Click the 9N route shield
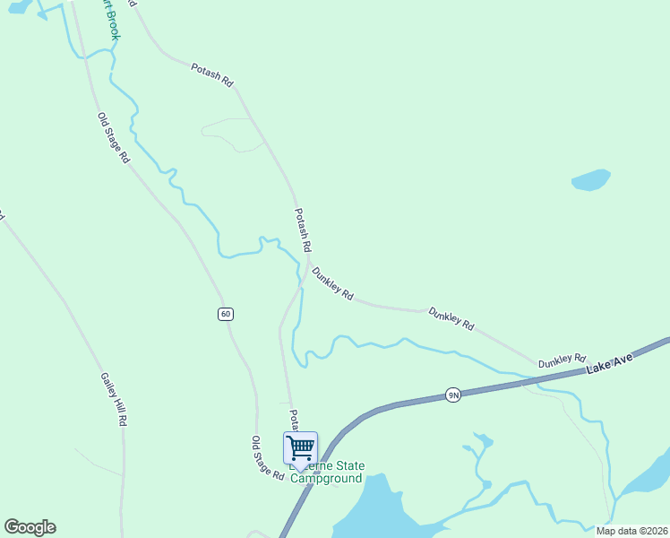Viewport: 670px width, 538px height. pos(453,395)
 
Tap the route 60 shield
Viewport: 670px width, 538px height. pos(225,314)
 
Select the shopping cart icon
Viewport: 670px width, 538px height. pos(300,447)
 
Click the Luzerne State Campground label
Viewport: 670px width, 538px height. pos(328,473)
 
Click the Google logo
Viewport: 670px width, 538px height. pos(30,527)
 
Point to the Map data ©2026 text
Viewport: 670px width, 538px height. pos(631,531)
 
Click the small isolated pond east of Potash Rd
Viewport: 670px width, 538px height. pos(590,180)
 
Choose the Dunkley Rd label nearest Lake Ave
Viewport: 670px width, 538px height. pos(562,360)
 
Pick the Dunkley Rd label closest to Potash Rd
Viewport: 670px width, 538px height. pos(332,282)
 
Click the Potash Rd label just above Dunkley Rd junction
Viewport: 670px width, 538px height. pos(303,230)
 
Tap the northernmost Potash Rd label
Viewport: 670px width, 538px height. pos(212,74)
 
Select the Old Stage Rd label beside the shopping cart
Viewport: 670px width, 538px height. pos(267,457)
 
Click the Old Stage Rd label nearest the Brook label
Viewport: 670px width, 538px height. pos(114,137)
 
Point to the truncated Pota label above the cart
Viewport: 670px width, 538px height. pos(293,419)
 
